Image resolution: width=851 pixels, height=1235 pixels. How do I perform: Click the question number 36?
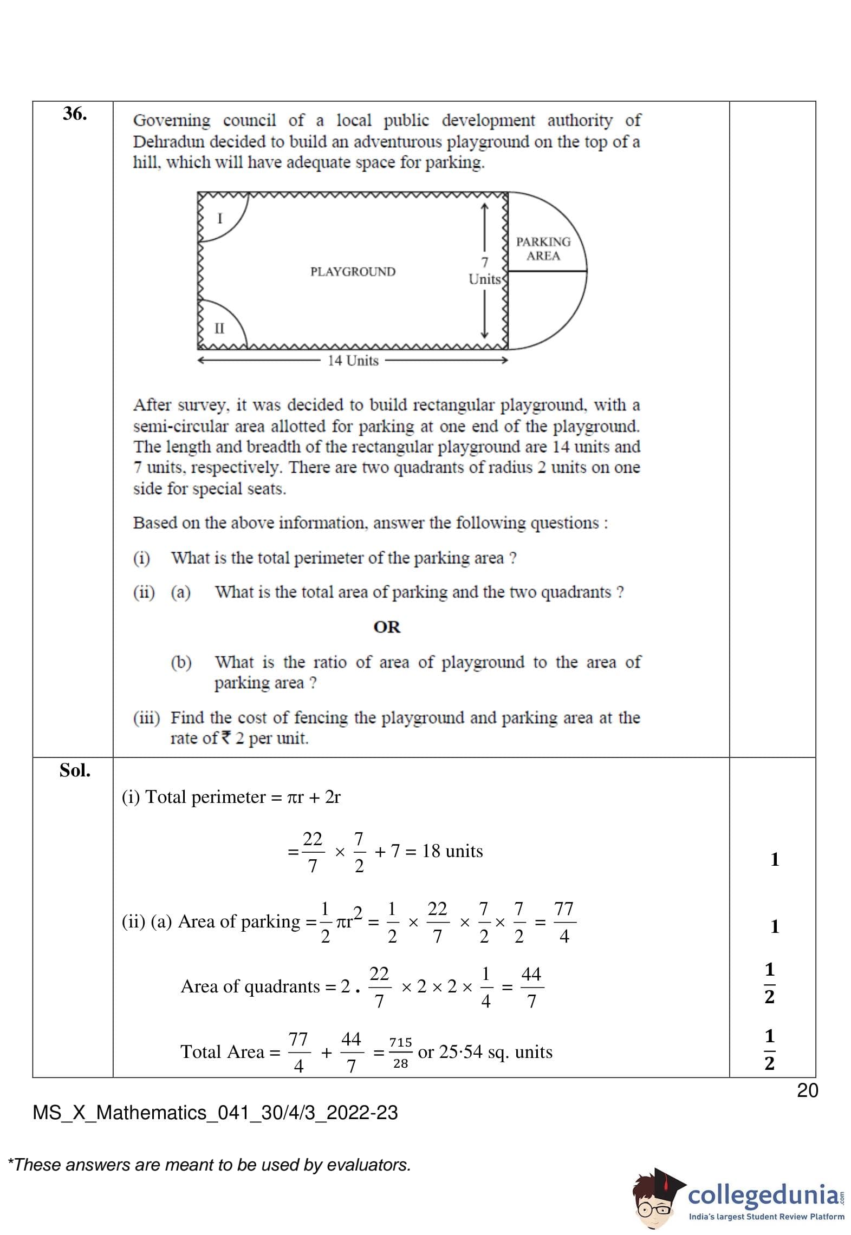pyautogui.click(x=75, y=114)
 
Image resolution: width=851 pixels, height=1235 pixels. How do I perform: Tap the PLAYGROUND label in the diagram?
pyautogui.click(x=353, y=271)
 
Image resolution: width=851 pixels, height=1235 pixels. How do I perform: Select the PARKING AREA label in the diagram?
pyautogui.click(x=543, y=249)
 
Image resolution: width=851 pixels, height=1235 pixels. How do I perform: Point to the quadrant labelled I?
pyautogui.click(x=219, y=218)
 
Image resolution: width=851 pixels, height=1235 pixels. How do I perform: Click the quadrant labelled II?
pyautogui.click(x=219, y=328)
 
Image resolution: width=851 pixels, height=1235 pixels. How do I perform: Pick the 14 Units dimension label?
pyautogui.click(x=353, y=361)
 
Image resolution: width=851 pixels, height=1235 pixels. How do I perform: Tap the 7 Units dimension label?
pyautogui.click(x=485, y=271)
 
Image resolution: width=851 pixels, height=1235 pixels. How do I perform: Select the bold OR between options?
pyautogui.click(x=387, y=627)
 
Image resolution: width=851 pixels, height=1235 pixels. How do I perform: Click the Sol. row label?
pyautogui.click(x=75, y=770)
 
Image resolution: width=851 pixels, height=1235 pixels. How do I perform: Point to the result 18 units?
pyautogui.click(x=452, y=851)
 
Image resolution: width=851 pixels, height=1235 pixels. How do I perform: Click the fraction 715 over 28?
pyautogui.click(x=400, y=1053)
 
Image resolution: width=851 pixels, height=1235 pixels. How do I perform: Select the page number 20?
pyautogui.click(x=807, y=1090)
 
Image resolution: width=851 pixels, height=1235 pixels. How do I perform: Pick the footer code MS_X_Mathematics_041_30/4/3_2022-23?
pyautogui.click(x=215, y=1113)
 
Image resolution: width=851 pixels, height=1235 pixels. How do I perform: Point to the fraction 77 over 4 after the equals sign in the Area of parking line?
pyautogui.click(x=564, y=922)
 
